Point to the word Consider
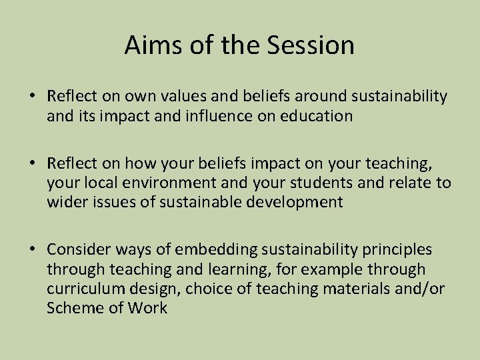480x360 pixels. pyautogui.click(x=75, y=250)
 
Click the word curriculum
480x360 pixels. pyautogui.click(x=81, y=289)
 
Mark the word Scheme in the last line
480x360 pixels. pyautogui.click(x=70, y=308)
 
